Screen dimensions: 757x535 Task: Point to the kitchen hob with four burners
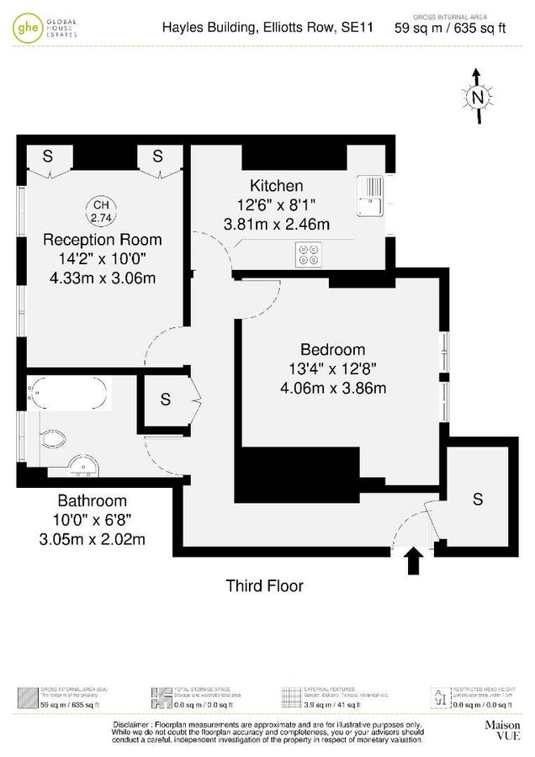[308, 254]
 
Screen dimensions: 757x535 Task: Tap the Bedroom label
[332, 350]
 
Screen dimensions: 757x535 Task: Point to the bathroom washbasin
[82, 467]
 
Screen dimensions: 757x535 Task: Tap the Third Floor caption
[264, 585]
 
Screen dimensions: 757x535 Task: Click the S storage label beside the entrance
[478, 499]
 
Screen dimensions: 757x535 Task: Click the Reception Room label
[102, 240]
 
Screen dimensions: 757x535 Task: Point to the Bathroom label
[92, 500]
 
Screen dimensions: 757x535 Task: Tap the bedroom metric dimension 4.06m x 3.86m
[333, 388]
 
